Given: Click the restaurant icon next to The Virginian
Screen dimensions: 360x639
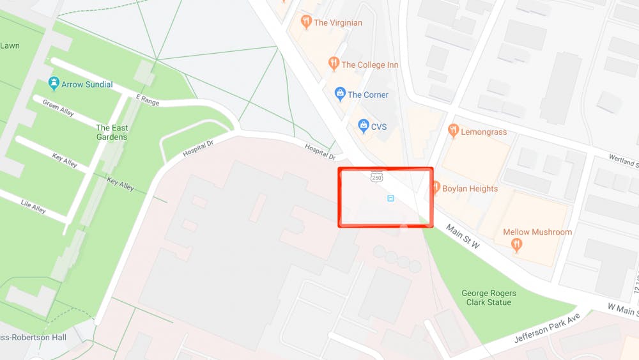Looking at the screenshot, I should click(x=307, y=22).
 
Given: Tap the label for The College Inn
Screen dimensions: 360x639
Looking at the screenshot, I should click(x=370, y=65).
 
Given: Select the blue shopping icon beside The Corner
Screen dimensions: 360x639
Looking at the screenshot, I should click(x=341, y=95).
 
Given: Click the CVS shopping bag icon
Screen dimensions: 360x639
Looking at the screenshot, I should click(x=364, y=127).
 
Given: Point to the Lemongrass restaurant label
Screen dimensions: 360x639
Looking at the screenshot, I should click(x=484, y=132).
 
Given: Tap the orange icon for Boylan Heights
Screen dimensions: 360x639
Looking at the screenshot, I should click(x=436, y=188).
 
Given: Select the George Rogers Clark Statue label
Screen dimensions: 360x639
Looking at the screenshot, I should click(x=489, y=298).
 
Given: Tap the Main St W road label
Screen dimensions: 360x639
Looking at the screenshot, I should click(x=463, y=237).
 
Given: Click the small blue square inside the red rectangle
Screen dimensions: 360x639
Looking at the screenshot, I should click(x=390, y=199).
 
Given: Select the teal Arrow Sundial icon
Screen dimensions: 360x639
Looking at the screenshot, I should click(x=54, y=84).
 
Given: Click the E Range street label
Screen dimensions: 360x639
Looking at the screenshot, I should click(x=147, y=99).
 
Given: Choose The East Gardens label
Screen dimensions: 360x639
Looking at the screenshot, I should click(x=112, y=132).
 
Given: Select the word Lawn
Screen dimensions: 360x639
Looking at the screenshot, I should click(x=10, y=45).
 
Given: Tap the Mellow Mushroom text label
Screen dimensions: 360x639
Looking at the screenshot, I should click(x=537, y=231).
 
